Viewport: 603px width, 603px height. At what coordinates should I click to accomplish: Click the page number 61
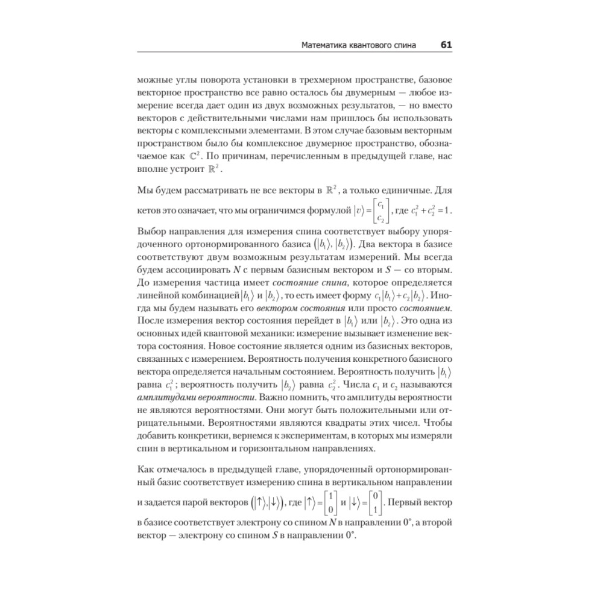tap(446, 45)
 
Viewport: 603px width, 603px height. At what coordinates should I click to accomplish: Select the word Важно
tap(260, 397)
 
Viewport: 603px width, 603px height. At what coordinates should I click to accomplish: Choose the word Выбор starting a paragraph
tap(152, 232)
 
